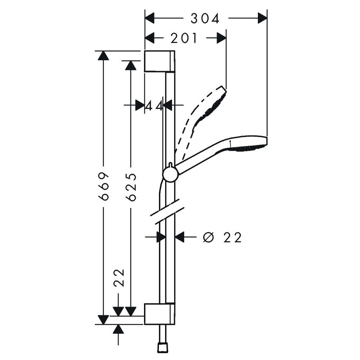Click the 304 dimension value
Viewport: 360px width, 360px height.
pos(205,19)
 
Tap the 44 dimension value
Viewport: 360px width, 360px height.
pos(154,106)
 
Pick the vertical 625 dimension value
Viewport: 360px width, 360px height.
pos(131,187)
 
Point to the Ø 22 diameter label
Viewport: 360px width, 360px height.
pos(222,237)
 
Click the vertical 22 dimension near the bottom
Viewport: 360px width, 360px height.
pos(119,278)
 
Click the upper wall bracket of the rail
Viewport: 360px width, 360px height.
pos(160,61)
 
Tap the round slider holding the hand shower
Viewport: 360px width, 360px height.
pos(170,175)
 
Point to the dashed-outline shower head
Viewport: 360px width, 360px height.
pos(202,122)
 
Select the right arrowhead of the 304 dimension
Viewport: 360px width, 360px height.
pos(263,18)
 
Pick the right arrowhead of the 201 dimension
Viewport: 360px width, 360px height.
pos(222,38)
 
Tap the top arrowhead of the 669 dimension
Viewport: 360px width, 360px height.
pos(103,55)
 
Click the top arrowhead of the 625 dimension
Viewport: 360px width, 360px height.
pos(131,65)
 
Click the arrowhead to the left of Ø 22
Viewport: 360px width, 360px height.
pos(161,237)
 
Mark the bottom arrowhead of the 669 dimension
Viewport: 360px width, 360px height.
pos(103,320)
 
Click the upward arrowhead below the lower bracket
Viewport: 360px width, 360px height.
pos(118,329)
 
